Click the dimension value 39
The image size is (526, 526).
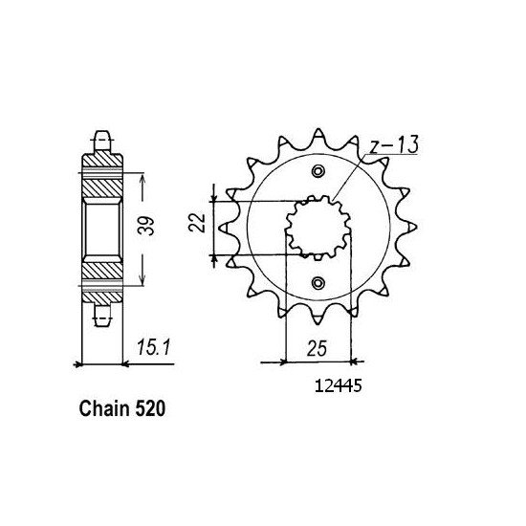coord(147,226)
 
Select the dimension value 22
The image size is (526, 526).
coord(197,222)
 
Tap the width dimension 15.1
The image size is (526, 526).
coord(154,347)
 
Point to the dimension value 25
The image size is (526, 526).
coord(317,349)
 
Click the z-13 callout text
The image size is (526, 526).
coord(394,145)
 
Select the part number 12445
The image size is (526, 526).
coord(339,386)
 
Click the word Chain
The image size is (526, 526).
coord(104,409)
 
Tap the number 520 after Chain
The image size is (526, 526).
coord(150,409)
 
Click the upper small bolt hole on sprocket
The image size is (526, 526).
coord(318,171)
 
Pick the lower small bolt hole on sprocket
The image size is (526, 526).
coord(318,283)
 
